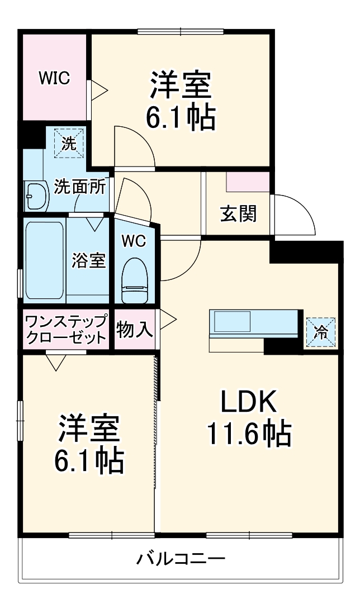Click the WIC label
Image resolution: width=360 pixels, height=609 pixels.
(54, 79)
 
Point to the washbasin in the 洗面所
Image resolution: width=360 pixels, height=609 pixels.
(36, 196)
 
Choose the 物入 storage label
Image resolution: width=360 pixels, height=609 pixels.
(135, 330)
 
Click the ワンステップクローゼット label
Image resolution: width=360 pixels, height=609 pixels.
(67, 330)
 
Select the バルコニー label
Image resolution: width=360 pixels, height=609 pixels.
(181, 558)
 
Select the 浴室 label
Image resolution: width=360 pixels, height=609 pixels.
(88, 260)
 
